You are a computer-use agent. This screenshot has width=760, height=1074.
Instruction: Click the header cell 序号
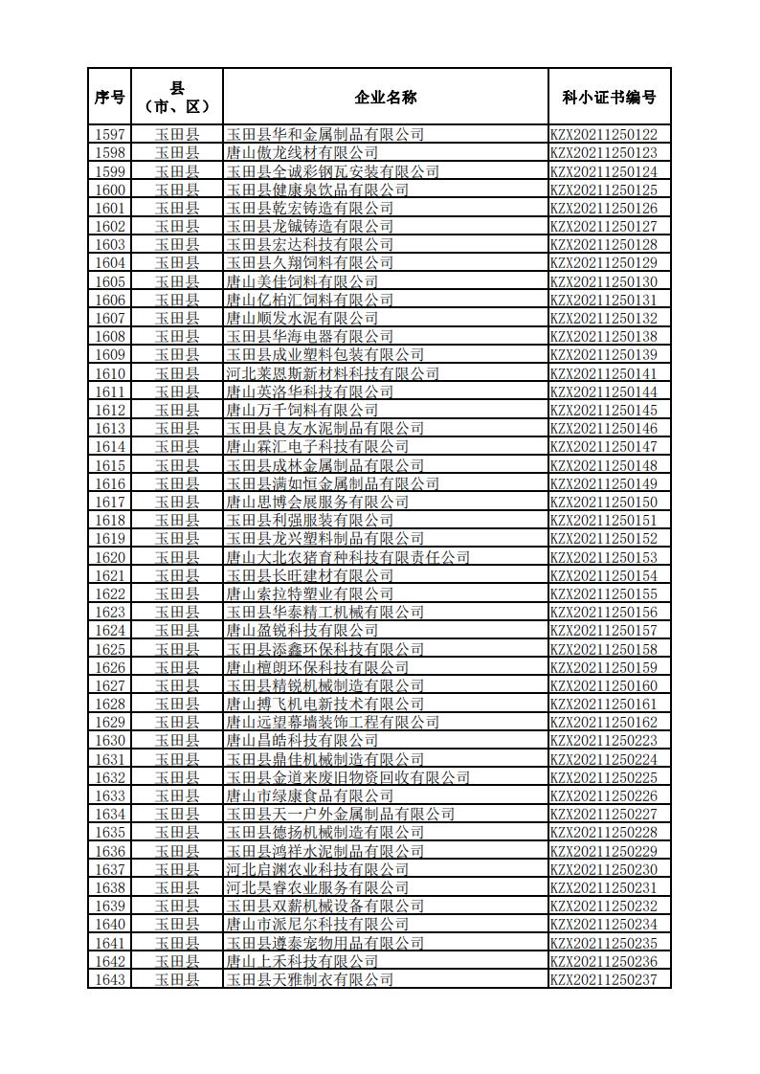(110, 97)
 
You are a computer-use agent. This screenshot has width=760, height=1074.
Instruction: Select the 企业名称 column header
(385, 97)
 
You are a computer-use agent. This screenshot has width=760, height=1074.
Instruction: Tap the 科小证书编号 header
(609, 97)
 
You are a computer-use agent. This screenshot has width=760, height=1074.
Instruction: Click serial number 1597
(110, 135)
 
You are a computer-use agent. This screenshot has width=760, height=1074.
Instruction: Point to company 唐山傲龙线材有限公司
(302, 153)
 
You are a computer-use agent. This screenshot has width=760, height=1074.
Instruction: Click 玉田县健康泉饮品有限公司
(309, 190)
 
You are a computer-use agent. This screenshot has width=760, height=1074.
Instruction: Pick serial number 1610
(110, 374)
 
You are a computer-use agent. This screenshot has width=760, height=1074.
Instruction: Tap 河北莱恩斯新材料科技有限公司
(332, 374)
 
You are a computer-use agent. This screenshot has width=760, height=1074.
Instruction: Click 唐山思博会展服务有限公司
(317, 503)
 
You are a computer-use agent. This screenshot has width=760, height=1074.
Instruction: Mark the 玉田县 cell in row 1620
(177, 558)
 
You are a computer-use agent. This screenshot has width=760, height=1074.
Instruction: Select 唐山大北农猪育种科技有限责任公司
(347, 558)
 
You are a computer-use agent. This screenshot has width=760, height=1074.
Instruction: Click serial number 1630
(110, 741)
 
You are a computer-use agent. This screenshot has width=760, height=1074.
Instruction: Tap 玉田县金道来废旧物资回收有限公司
(347, 778)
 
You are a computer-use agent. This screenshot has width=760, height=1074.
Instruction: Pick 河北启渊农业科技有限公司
(317, 870)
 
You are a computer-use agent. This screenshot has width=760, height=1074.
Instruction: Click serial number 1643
(110, 980)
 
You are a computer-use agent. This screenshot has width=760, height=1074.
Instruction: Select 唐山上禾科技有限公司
(302, 962)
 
